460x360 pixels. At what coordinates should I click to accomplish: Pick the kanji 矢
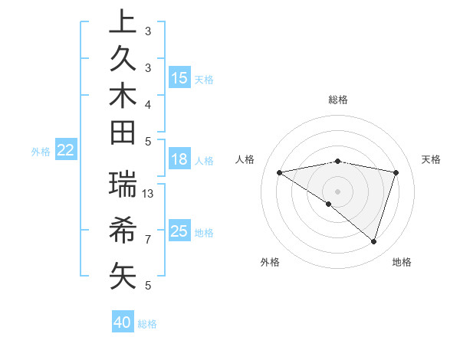[x=123, y=274]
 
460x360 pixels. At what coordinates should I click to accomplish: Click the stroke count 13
[x=149, y=194]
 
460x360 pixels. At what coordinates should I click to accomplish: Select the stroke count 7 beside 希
[x=148, y=240]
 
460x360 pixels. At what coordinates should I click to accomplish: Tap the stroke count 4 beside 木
[x=148, y=104]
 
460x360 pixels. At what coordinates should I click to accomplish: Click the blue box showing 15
[x=179, y=78]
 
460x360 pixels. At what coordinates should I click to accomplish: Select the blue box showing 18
[x=179, y=160]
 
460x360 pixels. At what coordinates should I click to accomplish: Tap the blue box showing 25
[x=179, y=231]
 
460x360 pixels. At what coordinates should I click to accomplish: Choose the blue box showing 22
[x=66, y=151]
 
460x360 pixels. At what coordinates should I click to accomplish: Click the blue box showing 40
[x=123, y=322]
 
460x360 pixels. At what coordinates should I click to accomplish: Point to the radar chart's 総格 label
[x=338, y=100]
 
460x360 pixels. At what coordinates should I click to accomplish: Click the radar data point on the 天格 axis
[x=396, y=172]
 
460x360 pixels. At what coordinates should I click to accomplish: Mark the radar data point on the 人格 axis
[x=280, y=172]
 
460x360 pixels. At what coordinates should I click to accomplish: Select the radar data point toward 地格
[x=373, y=241]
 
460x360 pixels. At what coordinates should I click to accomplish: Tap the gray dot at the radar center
[x=338, y=191]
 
